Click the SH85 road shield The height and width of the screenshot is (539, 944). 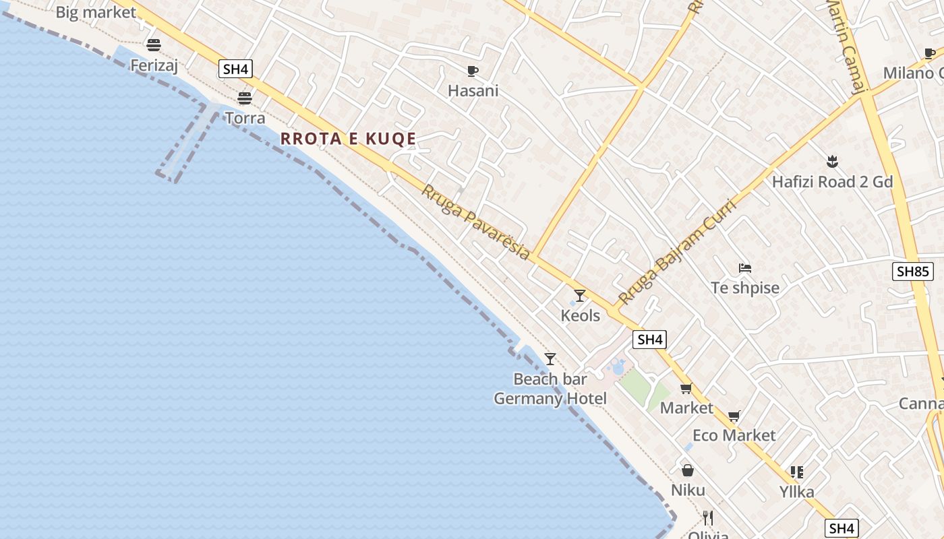point(913,272)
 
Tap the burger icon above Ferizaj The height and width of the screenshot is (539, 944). point(154,45)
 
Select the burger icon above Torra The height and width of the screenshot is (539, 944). point(245,98)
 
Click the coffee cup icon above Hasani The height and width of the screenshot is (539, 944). point(473,71)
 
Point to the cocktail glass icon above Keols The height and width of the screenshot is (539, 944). point(580,295)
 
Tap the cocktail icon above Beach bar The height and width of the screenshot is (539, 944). point(550,358)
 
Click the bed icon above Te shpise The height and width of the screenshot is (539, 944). point(745,268)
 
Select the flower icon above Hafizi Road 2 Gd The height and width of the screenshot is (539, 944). point(832,162)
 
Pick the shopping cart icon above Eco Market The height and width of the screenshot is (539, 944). point(734,416)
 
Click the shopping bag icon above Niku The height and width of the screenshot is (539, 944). point(688,470)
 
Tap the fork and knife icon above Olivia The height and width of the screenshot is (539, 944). point(708,517)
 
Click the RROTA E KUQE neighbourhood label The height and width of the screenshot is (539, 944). point(348,139)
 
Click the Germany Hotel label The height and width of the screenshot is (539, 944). point(550,398)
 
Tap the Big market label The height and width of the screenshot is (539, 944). point(96,12)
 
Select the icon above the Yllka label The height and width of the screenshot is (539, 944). point(797,472)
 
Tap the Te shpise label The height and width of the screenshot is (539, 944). point(745,288)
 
